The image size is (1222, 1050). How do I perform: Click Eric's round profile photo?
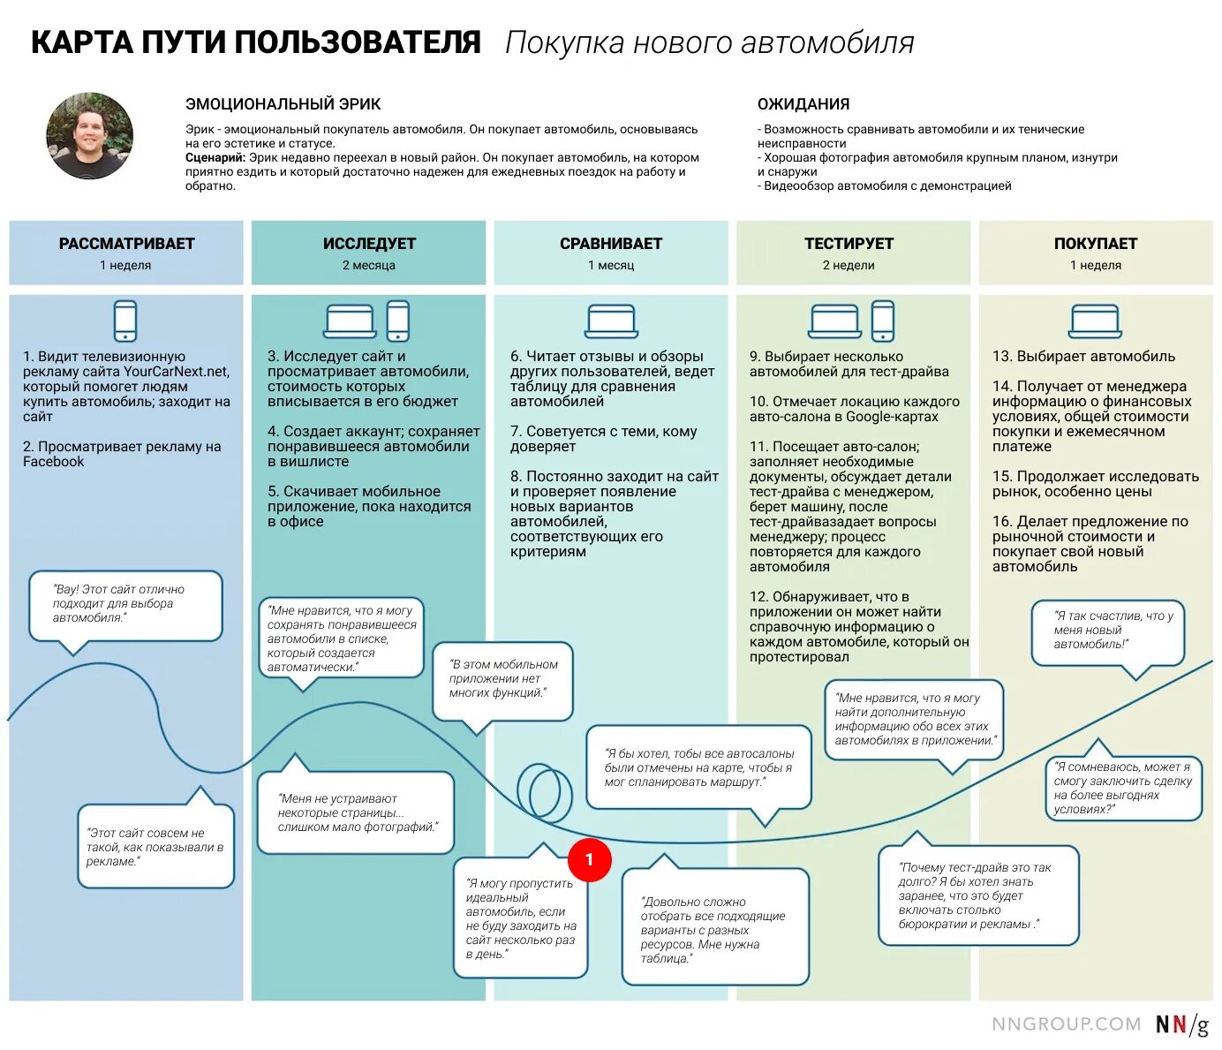[89, 137]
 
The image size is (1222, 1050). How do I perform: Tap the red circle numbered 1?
[589, 859]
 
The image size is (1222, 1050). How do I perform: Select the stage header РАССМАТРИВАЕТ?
[126, 244]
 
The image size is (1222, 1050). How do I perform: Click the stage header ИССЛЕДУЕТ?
[369, 244]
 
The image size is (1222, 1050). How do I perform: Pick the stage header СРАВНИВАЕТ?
[611, 244]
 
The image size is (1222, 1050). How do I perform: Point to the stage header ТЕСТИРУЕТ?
[849, 244]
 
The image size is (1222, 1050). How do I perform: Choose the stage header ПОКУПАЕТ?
[1096, 244]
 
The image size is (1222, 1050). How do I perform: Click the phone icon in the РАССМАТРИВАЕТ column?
[125, 321]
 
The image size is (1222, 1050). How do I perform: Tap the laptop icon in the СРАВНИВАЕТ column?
[611, 321]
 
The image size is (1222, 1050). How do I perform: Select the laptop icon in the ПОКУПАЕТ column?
[1096, 321]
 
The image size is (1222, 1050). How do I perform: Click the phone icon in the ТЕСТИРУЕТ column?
[883, 321]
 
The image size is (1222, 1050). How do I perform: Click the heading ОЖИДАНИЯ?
[803, 104]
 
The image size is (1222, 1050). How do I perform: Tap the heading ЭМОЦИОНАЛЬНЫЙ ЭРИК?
[283, 104]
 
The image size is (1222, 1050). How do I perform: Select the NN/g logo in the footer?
[1181, 1024]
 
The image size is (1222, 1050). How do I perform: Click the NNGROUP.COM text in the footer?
[1066, 1024]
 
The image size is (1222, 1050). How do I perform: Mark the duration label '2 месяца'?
[369, 265]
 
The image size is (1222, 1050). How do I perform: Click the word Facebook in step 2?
[54, 462]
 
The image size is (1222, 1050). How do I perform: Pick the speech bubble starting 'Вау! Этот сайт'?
[124, 604]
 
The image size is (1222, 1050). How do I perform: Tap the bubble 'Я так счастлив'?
[1107, 631]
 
